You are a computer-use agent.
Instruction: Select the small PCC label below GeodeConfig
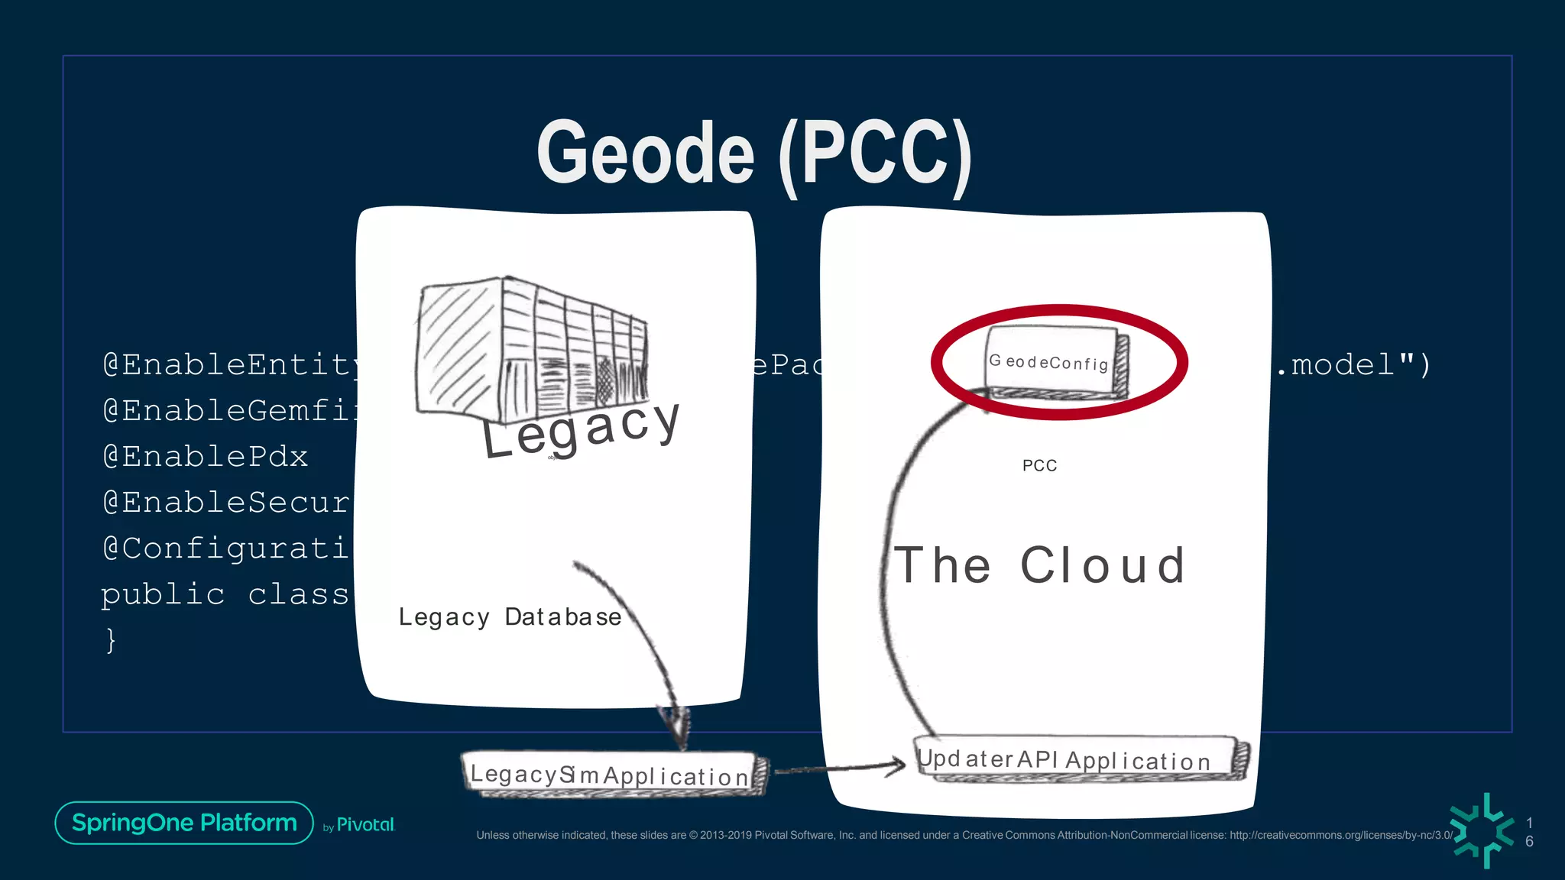(1039, 465)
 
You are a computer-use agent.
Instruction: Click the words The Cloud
(1039, 565)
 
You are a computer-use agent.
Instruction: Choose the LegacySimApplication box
(611, 775)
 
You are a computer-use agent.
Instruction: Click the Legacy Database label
(510, 616)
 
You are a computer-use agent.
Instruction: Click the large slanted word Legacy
(581, 431)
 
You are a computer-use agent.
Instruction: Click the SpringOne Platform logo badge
(184, 823)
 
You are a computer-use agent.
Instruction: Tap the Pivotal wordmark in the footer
(365, 825)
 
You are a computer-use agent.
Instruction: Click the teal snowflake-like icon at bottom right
(1483, 830)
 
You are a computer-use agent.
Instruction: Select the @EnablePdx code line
(205, 457)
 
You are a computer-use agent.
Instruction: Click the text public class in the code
(225, 594)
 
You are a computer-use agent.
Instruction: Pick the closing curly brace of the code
(112, 640)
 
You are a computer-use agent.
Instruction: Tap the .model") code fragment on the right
(1353, 365)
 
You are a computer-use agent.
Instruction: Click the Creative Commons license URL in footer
(1341, 835)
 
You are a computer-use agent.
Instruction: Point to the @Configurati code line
(226, 548)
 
